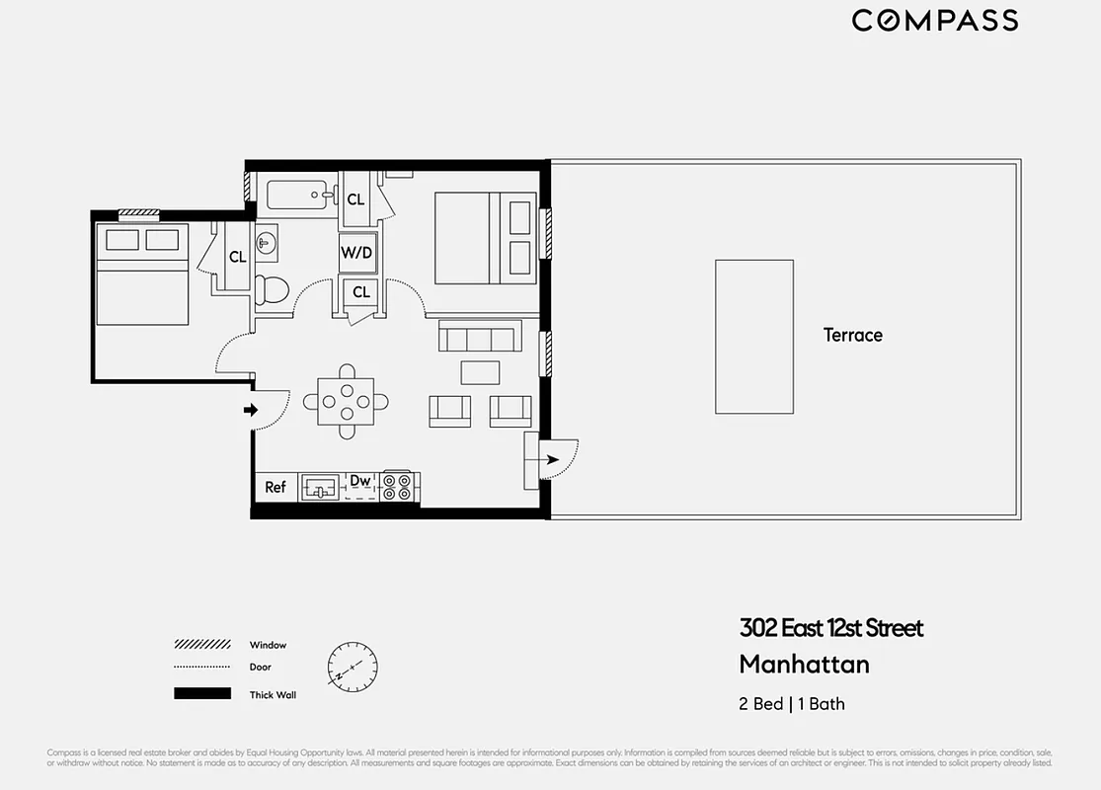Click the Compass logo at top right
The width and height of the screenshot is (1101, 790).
[934, 21]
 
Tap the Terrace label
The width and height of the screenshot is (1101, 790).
[852, 335]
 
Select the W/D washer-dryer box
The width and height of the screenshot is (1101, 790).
[356, 253]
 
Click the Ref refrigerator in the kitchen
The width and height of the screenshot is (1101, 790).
[275, 487]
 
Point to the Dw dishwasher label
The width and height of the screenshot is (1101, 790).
[360, 481]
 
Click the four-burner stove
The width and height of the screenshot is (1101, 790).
[398, 487]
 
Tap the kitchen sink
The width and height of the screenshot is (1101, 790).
[319, 487]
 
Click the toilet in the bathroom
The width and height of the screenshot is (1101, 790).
[270, 289]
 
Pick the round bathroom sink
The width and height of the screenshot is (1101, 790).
[265, 243]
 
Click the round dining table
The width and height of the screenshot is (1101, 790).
[346, 401]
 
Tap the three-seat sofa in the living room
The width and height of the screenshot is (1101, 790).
[478, 339]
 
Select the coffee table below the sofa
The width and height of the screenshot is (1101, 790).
[480, 372]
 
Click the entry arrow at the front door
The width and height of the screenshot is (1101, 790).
[251, 410]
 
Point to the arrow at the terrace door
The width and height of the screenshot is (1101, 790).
[550, 459]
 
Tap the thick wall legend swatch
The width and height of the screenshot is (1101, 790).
[202, 694]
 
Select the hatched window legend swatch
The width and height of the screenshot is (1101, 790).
[202, 645]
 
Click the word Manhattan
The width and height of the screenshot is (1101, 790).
[804, 664]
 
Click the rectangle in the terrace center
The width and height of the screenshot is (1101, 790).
[754, 337]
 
